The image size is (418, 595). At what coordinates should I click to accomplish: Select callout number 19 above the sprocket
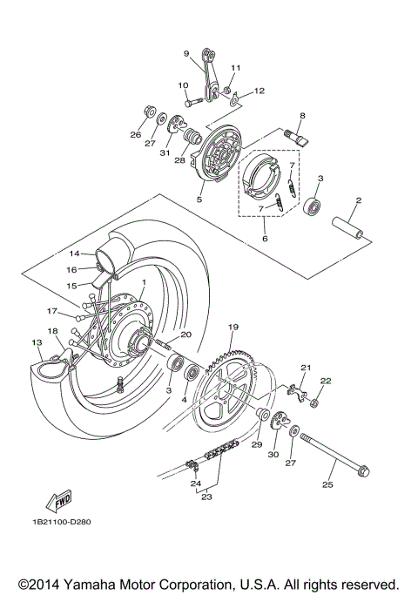pos(233,327)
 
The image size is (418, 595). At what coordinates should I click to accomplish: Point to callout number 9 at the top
pos(185,53)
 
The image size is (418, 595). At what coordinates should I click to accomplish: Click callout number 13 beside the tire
pos(36,342)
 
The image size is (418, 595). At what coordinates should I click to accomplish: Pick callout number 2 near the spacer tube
pos(357,201)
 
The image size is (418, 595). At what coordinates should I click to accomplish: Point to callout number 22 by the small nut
pos(326,381)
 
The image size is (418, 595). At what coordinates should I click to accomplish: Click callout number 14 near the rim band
pos(74,254)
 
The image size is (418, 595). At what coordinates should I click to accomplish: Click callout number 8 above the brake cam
pos(302,115)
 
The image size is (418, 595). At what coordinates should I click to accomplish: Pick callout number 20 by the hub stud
pos(185,335)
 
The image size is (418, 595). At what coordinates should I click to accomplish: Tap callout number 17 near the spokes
pos(51,309)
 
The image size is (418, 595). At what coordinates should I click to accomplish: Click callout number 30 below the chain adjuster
pos(273,454)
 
